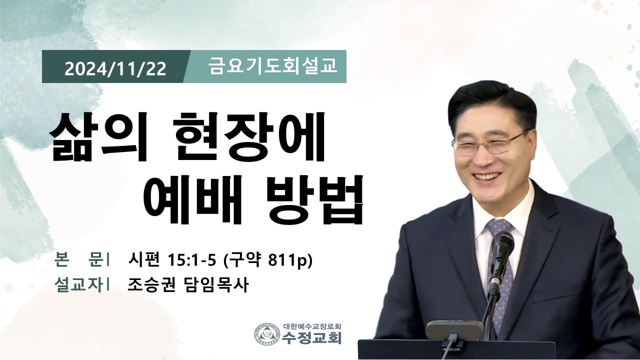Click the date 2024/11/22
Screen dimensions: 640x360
[115, 68]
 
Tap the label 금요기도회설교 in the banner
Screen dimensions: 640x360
[272, 66]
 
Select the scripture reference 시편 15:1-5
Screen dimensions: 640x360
[171, 260]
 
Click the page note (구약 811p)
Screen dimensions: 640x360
[267, 261]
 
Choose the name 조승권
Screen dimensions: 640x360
[151, 284]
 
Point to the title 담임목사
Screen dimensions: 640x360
[215, 284]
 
